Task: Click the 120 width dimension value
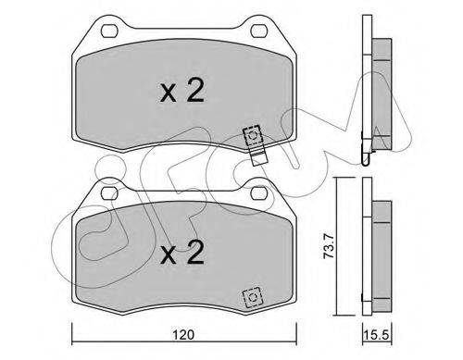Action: pos(183,334)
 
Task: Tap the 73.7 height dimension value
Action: pos(329,246)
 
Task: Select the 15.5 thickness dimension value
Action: pos(376,334)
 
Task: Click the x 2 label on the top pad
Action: pos(182,90)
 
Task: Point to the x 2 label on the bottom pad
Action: pos(182,253)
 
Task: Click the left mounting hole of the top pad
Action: pos(109,31)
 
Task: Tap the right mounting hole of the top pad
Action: pos(259,31)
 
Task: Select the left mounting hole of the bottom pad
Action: pos(109,193)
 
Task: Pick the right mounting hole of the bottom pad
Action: pos(259,193)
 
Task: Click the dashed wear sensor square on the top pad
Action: pos(253,135)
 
